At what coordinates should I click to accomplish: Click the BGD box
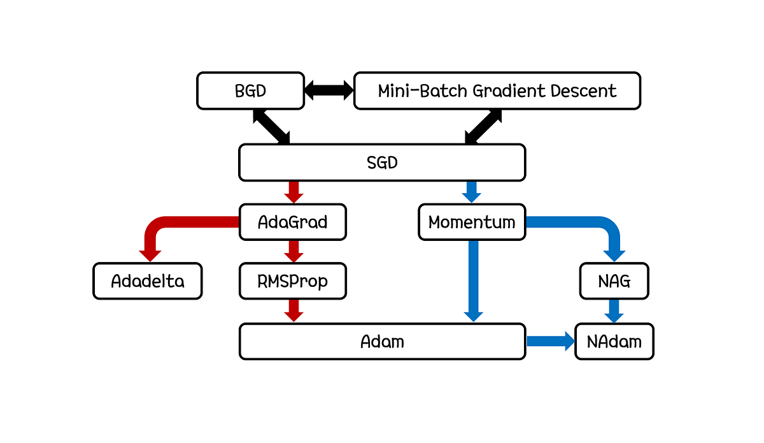click(250, 91)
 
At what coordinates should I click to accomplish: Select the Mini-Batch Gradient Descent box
click(497, 91)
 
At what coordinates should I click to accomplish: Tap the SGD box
click(382, 162)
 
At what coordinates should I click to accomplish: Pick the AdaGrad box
click(293, 222)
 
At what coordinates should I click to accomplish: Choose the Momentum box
click(472, 222)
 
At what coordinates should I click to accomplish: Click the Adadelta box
click(148, 281)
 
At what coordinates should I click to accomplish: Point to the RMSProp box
click(293, 281)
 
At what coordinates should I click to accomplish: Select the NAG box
click(614, 281)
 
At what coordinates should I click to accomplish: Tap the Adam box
click(382, 342)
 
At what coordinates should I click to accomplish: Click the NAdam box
click(614, 342)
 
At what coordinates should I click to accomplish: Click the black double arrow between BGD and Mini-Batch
click(329, 91)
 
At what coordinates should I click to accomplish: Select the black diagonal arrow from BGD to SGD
click(271, 126)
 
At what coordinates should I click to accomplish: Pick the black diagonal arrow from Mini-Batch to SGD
click(483, 126)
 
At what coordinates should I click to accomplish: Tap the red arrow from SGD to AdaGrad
click(294, 191)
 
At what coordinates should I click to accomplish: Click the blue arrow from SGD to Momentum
click(472, 191)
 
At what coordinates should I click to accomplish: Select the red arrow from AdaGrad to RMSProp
click(294, 251)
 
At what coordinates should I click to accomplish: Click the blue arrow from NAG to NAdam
click(614, 311)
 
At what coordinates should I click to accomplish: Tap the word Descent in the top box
click(584, 91)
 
